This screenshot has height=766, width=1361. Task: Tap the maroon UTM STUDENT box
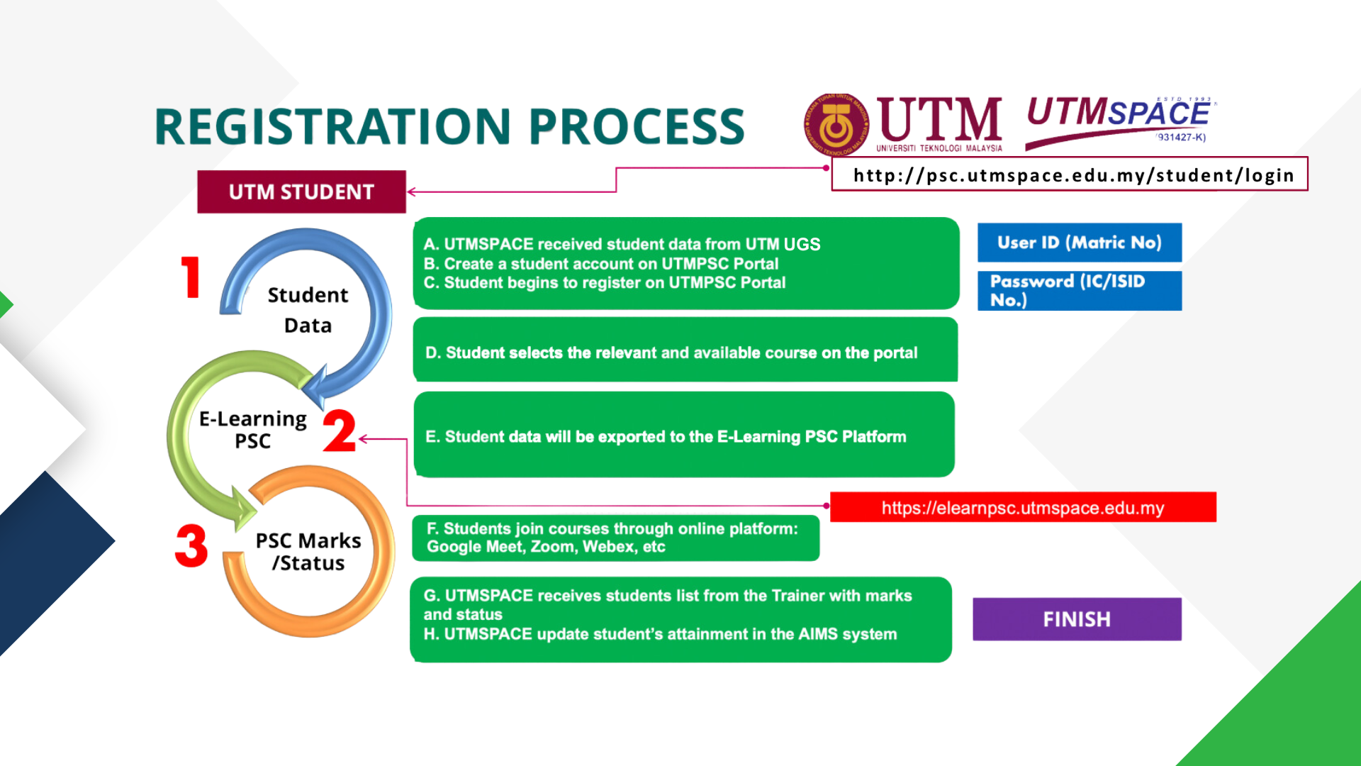click(x=301, y=192)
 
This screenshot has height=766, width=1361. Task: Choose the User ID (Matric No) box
click(x=1079, y=243)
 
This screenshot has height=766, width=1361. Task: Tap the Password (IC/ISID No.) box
click(x=1079, y=291)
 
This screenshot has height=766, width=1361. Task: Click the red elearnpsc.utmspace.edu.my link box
click(x=1022, y=508)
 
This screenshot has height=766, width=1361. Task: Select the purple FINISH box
click(x=1076, y=619)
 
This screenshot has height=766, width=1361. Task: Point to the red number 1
click(x=190, y=277)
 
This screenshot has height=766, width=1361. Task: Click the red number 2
click(x=340, y=431)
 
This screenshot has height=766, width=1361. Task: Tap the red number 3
click(x=191, y=545)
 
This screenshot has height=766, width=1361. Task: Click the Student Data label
click(x=308, y=310)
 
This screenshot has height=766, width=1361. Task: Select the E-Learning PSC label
click(x=253, y=430)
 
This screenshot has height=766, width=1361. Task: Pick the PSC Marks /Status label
click(x=308, y=552)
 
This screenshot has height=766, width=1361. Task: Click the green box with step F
click(x=615, y=538)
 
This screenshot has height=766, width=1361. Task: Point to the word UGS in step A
click(x=802, y=245)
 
